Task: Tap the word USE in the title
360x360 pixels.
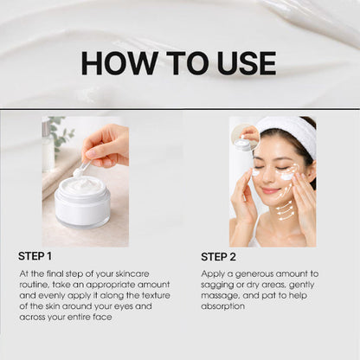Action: point(241,63)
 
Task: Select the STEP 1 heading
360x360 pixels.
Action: point(35,256)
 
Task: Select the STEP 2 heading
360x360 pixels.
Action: point(218,256)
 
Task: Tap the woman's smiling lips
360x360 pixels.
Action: point(272,191)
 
